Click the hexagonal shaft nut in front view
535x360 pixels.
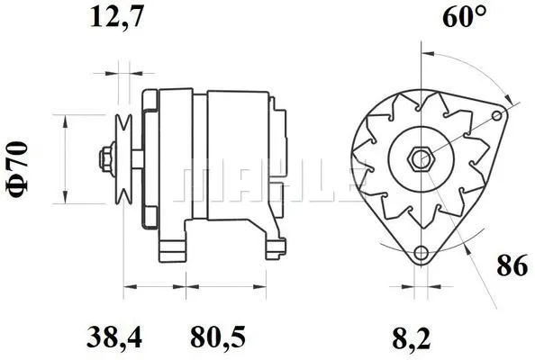tap(421, 159)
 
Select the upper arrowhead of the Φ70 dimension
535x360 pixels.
tap(66, 120)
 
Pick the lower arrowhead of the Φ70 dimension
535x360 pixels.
tap(66, 199)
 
